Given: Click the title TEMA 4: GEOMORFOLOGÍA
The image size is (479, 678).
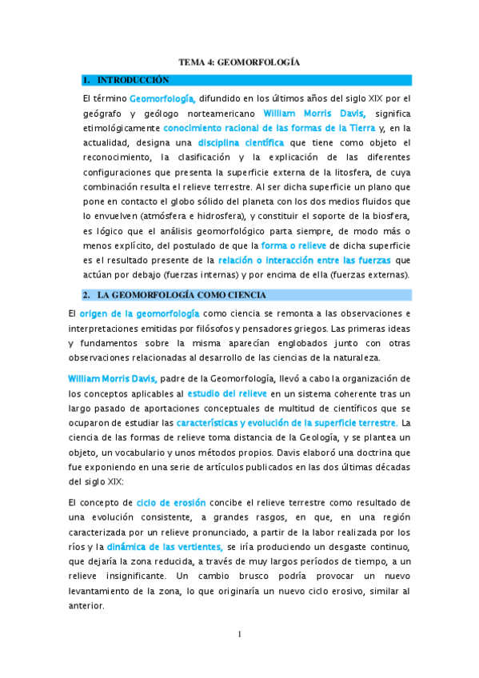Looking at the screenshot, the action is pos(238,62).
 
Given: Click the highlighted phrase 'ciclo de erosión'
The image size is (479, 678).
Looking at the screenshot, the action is pos(171,503).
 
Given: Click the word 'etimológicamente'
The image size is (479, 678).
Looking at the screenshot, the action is pos(121,128).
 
